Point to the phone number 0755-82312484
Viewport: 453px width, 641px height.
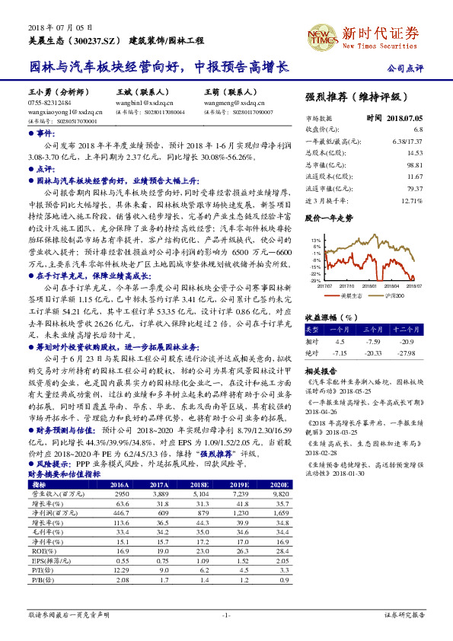(x=49, y=101)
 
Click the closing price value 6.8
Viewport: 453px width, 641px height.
(x=417, y=130)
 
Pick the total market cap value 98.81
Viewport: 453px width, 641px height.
(x=414, y=164)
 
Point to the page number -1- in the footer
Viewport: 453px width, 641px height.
(x=226, y=614)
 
